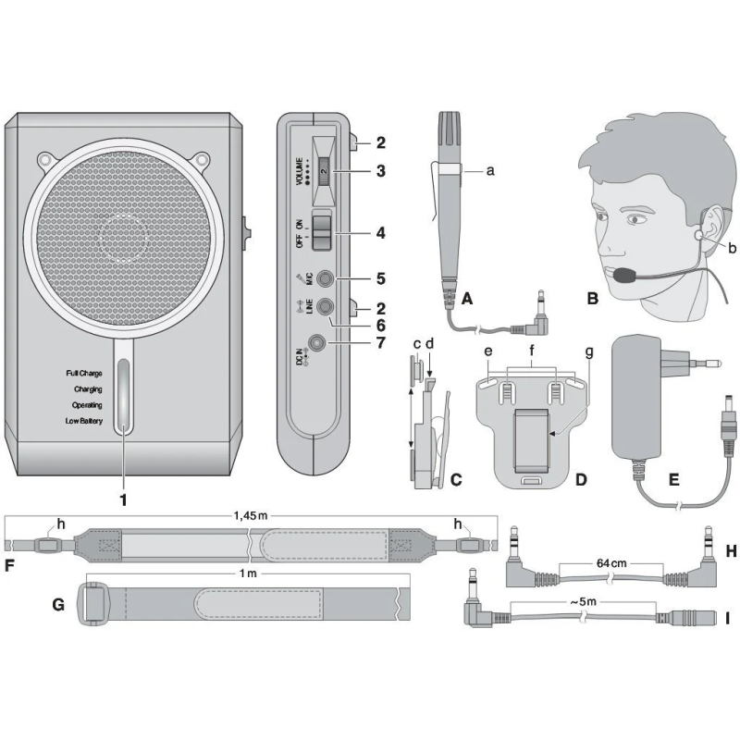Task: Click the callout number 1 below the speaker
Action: tap(122, 497)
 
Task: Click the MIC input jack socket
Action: tap(324, 277)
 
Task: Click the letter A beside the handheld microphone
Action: tap(466, 300)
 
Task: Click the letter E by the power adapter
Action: tap(673, 480)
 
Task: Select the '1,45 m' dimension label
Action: tap(250, 516)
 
